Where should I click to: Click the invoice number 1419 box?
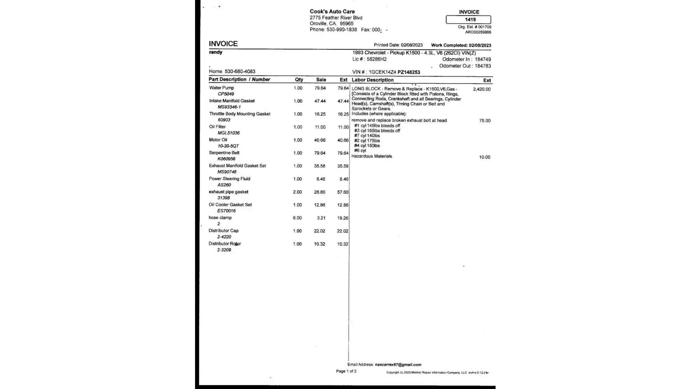click(468, 19)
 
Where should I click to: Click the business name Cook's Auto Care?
click(332, 12)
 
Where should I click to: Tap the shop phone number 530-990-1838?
click(342, 30)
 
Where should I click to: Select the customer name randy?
click(216, 52)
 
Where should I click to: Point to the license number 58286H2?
click(377, 59)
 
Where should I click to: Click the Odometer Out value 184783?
click(482, 66)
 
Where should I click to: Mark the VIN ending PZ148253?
click(408, 72)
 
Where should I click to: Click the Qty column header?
click(299, 80)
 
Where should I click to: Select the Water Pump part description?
click(222, 88)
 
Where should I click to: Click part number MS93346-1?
click(229, 107)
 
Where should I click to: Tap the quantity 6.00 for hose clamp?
click(297, 218)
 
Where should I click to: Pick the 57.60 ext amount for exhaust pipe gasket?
click(342, 192)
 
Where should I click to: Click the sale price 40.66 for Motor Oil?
click(319, 140)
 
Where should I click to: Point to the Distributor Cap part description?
click(223, 231)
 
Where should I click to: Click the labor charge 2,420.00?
click(482, 89)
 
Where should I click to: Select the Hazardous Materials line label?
click(372, 156)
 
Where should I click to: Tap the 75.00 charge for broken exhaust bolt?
click(485, 121)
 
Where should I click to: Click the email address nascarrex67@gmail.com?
click(398, 364)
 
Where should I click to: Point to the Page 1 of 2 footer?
click(346, 371)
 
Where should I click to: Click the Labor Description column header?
click(372, 80)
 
